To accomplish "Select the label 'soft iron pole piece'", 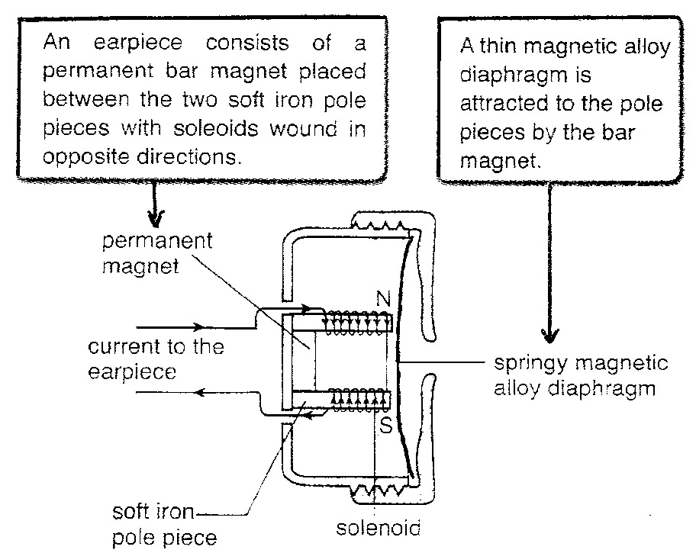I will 164,525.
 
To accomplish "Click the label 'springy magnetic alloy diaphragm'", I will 581,375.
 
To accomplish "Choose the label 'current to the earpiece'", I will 155,358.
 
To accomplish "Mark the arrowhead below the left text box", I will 155,218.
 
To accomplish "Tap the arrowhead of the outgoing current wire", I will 200,393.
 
